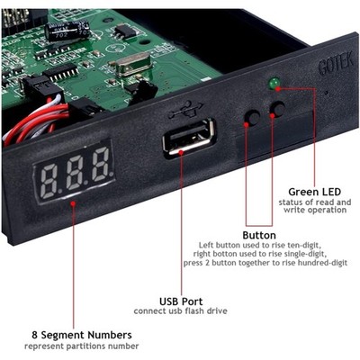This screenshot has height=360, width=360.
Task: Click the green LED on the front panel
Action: (274, 82)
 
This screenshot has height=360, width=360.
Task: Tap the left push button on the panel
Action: (252, 117)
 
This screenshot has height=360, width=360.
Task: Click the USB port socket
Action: (189, 137)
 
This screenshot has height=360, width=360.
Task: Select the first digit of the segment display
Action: (49, 181)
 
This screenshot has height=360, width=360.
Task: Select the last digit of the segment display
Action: (101, 165)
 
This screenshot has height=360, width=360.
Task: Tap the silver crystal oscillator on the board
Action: (130, 64)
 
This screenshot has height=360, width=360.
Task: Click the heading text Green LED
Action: (314, 192)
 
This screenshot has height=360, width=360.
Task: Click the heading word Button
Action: (259, 235)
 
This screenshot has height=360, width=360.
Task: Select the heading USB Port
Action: (181, 301)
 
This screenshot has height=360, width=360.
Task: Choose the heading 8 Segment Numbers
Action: (82, 335)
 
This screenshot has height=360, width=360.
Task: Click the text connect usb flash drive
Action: (180, 311)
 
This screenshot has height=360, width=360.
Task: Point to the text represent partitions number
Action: (82, 346)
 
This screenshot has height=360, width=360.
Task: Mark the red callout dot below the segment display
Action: (73, 203)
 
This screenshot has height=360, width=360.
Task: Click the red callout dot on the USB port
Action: (181, 152)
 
